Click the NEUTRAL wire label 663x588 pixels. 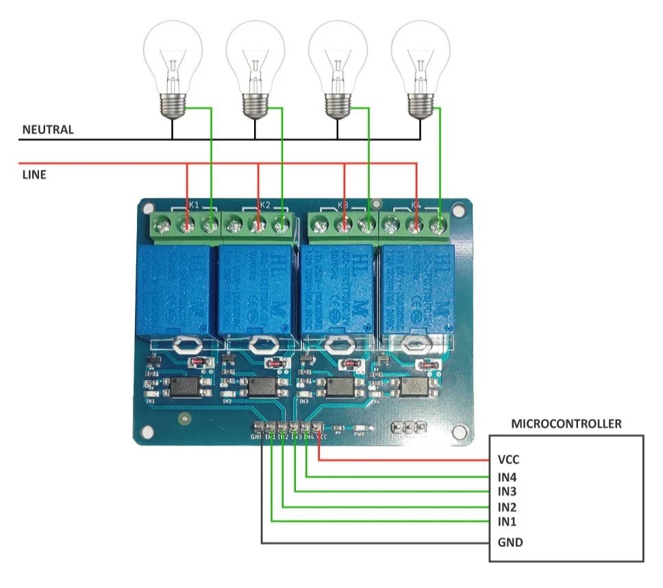[x=48, y=129]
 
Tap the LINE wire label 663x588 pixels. [x=34, y=175]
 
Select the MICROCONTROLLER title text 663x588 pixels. [x=566, y=424]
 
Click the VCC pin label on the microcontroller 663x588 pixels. [x=510, y=460]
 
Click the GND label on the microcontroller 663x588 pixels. [x=510, y=543]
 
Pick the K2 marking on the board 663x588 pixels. [x=266, y=205]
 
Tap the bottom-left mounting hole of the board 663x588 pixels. [x=146, y=431]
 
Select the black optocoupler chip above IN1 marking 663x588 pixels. [x=184, y=387]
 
